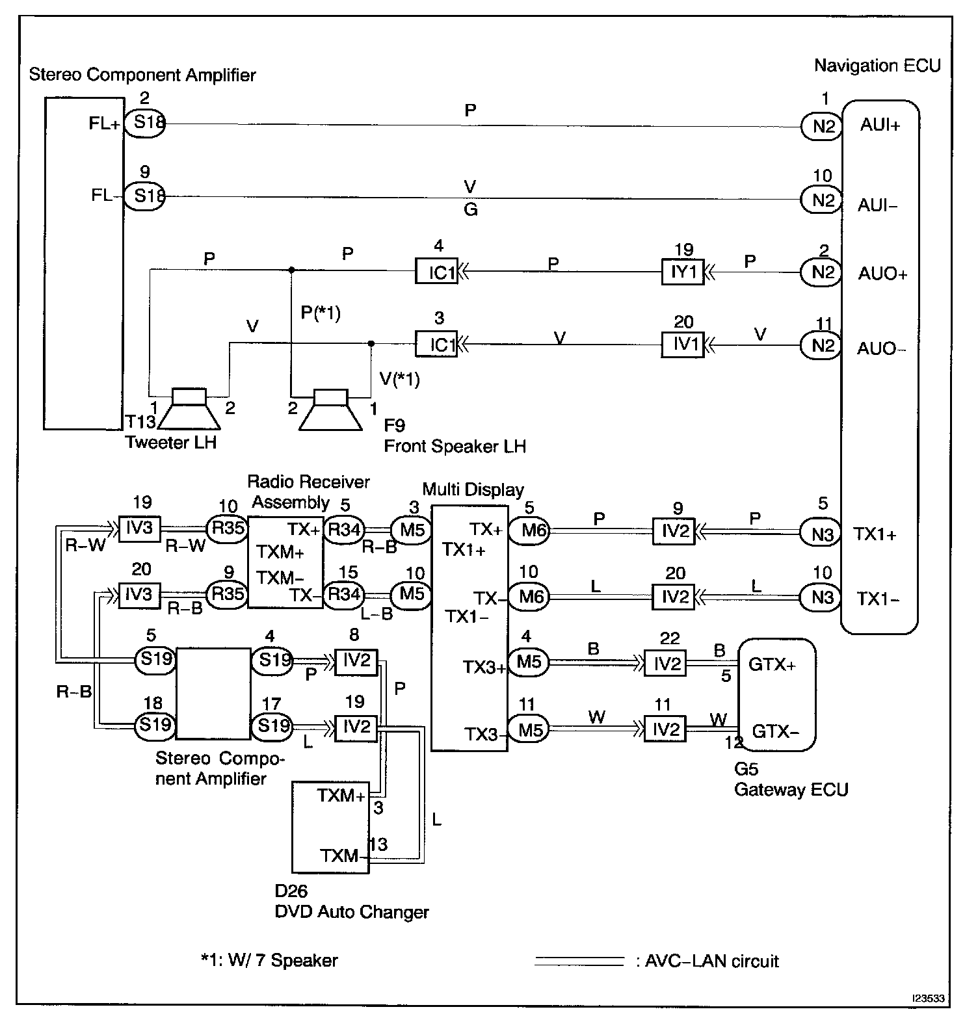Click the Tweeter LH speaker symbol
[189, 409]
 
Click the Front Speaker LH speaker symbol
[331, 409]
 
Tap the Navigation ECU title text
[877, 66]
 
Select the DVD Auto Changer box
[331, 827]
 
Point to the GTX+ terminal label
[773, 665]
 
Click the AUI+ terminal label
[880, 125]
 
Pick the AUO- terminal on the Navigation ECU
[882, 348]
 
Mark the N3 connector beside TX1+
[821, 534]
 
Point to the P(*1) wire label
[321, 313]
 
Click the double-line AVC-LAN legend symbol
[579, 961]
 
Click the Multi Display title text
[473, 489]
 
